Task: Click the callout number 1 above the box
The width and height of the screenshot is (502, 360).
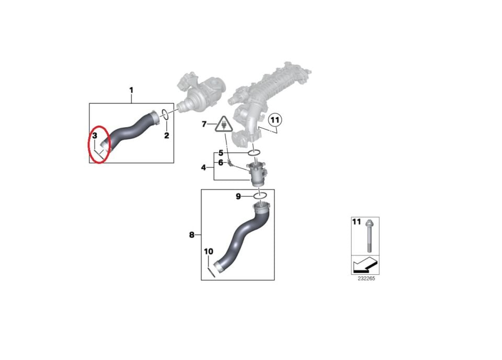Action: pyautogui.click(x=131, y=91)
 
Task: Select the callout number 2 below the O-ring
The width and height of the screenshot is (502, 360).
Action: pyautogui.click(x=166, y=136)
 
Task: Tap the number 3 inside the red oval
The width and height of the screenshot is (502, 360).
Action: pyautogui.click(x=95, y=136)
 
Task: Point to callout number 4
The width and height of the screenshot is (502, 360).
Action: pyautogui.click(x=203, y=167)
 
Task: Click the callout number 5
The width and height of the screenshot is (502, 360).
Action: pyautogui.click(x=221, y=153)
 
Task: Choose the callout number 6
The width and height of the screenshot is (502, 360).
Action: pyautogui.click(x=221, y=163)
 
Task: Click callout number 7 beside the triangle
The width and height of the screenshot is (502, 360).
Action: pyautogui.click(x=204, y=124)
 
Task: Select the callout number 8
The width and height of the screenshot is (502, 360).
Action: pyautogui.click(x=191, y=235)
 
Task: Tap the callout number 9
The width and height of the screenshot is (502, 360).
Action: pyautogui.click(x=238, y=196)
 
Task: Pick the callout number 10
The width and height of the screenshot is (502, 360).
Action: pyautogui.click(x=209, y=252)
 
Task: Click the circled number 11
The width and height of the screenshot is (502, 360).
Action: pyautogui.click(x=275, y=120)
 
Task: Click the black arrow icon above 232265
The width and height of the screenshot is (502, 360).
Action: pyautogui.click(x=365, y=265)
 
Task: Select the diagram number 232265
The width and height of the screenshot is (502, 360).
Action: pyautogui.click(x=366, y=279)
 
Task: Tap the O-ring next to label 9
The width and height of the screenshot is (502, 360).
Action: pyautogui.click(x=260, y=196)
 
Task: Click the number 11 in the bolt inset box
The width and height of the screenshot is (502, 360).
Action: pyautogui.click(x=356, y=222)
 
